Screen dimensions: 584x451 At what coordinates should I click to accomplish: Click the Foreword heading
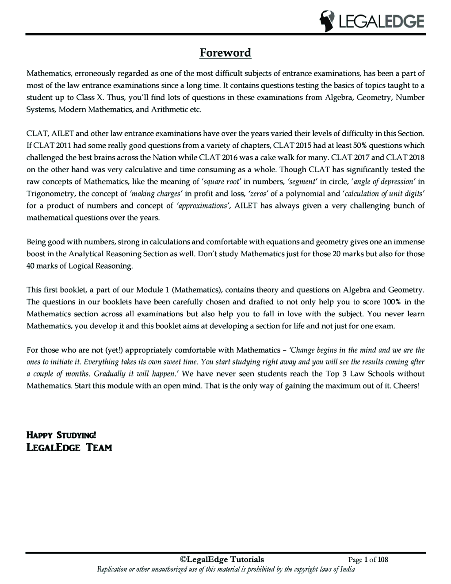pyautogui.click(x=225, y=53)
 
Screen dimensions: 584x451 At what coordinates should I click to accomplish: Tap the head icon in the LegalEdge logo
pyautogui.click(x=328, y=21)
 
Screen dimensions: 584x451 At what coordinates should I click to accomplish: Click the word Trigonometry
pyautogui.click(x=51, y=194)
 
